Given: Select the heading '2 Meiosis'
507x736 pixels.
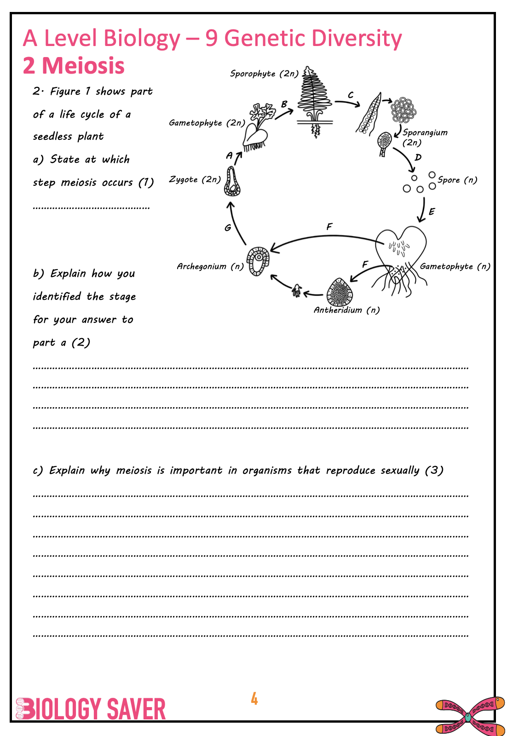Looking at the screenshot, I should click(74, 66).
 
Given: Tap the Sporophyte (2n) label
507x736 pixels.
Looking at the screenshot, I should click(264, 74).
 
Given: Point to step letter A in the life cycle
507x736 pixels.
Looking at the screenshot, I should click(229, 156).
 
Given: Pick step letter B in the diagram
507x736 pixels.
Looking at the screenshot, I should click(284, 104).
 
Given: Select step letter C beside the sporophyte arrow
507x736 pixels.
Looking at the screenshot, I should click(351, 95).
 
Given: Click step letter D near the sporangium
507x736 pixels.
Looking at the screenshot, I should click(418, 157).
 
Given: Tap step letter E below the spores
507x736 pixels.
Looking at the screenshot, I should click(432, 212).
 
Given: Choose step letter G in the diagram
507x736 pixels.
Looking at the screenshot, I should click(228, 228).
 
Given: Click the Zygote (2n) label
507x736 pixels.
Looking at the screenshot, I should click(195, 179).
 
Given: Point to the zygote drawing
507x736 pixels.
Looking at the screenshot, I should click(232, 182).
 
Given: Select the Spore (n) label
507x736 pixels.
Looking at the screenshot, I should click(457, 180).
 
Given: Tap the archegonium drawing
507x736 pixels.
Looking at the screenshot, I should click(258, 261).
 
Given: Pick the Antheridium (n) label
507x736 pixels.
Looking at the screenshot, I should click(346, 310).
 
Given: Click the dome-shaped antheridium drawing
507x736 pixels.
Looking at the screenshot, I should click(340, 292).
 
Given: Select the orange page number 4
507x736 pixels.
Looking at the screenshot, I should click(254, 699).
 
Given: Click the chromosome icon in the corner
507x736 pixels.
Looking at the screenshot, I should click(469, 716).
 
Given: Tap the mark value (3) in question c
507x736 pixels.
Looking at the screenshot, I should click(434, 470).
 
